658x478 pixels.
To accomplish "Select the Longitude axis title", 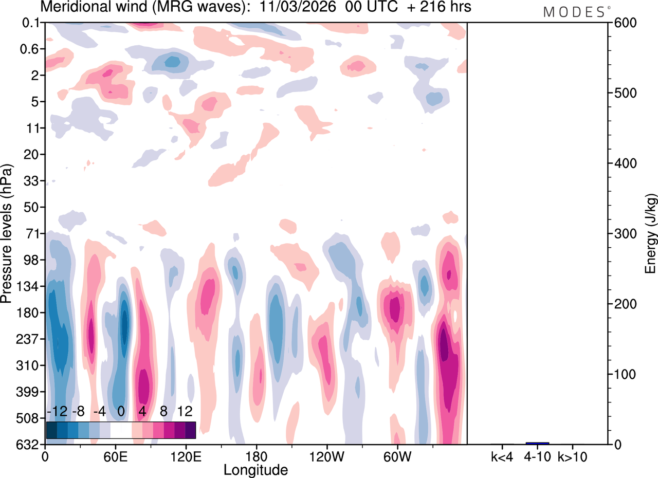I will point(255,470).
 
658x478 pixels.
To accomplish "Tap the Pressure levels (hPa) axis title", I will point(7,234).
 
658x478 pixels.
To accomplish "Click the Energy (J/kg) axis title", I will point(651,234).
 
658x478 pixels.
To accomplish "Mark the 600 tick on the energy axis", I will point(621,23).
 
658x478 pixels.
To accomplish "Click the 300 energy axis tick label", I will point(621,234).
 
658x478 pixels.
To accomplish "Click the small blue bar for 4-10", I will point(537,443).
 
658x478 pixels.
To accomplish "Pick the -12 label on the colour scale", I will point(57,411).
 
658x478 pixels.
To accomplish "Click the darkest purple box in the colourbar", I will point(190,430).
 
